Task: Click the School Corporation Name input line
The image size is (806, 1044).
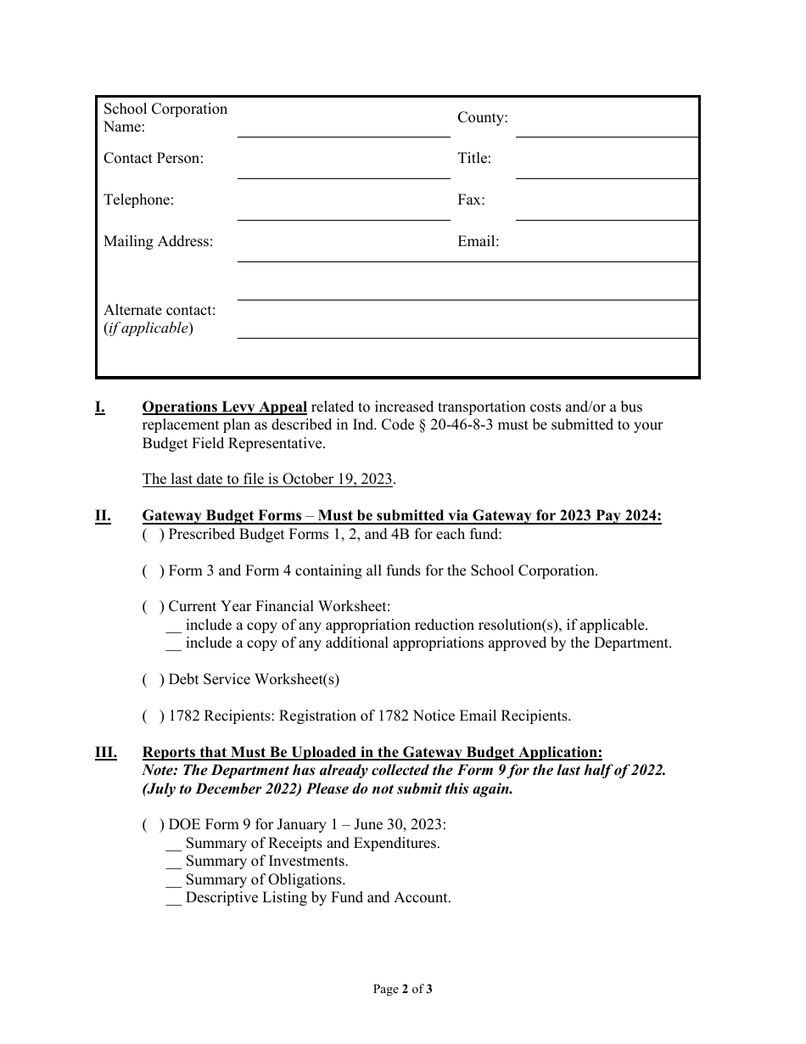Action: click(343, 126)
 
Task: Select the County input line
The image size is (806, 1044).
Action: click(607, 126)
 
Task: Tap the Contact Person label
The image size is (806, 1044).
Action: click(154, 159)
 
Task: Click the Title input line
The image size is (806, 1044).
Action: click(607, 167)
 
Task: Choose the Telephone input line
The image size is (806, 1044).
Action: click(343, 209)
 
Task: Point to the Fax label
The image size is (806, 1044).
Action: click(471, 200)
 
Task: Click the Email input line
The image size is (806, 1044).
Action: click(607, 250)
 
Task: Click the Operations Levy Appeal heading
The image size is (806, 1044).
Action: click(224, 407)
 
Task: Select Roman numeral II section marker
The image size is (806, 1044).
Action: click(103, 516)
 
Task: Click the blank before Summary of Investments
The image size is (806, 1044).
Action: click(173, 862)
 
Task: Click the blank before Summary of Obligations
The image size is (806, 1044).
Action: click(173, 880)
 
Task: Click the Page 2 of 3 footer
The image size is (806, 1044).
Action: click(403, 989)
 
